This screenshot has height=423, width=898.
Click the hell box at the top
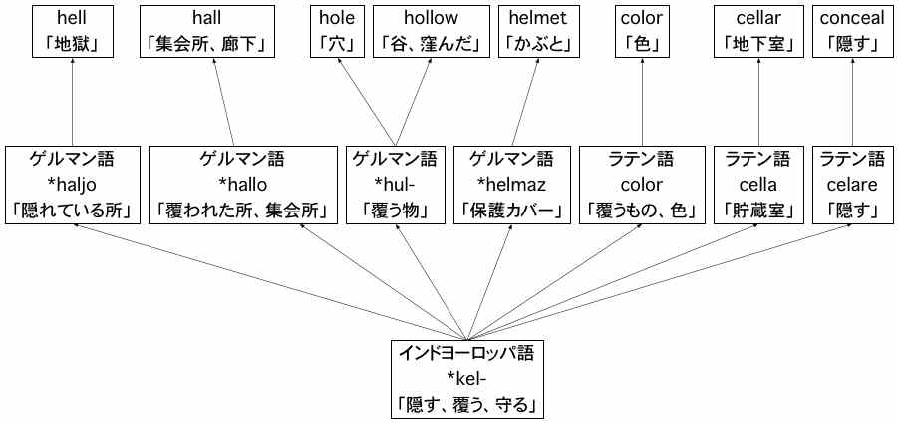coord(72,32)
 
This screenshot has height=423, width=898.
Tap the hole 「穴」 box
coord(337,32)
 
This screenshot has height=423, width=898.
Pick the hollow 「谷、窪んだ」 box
coord(432,32)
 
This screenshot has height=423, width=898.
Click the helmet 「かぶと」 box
coord(538,32)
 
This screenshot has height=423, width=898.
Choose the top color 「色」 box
coord(642,32)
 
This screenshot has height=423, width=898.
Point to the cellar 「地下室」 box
coord(758,32)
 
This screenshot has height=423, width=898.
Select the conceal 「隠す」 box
coord(852,32)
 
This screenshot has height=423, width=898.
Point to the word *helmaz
coord(511,185)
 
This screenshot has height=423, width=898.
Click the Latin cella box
coord(758,185)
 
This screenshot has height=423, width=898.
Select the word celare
coord(852,185)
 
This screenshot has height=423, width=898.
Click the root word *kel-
coord(468,379)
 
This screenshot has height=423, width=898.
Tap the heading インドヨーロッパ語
coord(468,353)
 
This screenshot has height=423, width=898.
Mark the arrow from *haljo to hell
coord(72,102)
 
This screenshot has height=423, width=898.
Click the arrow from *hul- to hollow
coord(414,102)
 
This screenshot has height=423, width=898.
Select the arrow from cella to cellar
coord(758,102)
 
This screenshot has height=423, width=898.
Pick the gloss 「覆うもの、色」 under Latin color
coord(642,211)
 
